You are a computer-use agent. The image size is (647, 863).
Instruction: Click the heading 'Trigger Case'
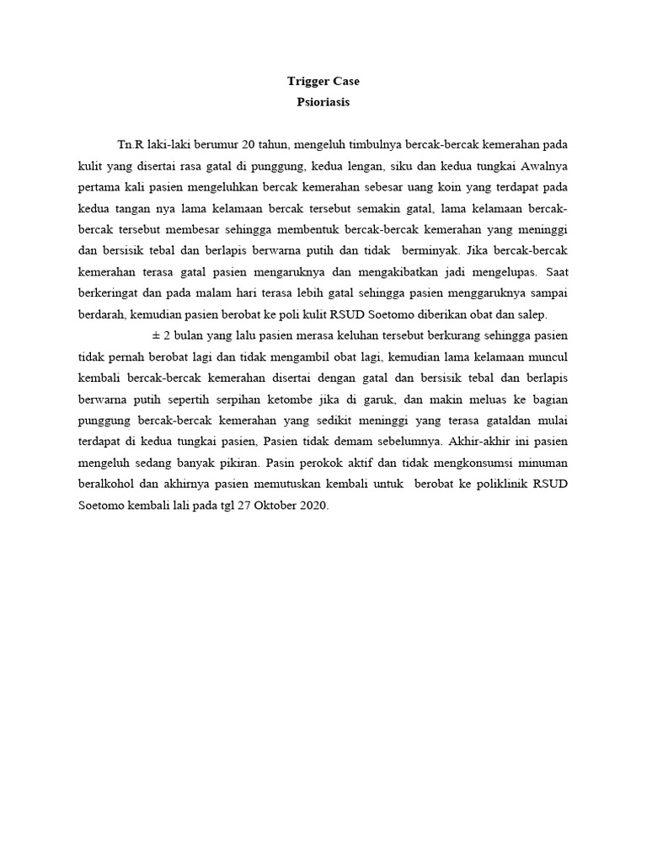click(x=323, y=82)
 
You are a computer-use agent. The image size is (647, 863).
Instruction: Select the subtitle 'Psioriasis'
click(x=323, y=103)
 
